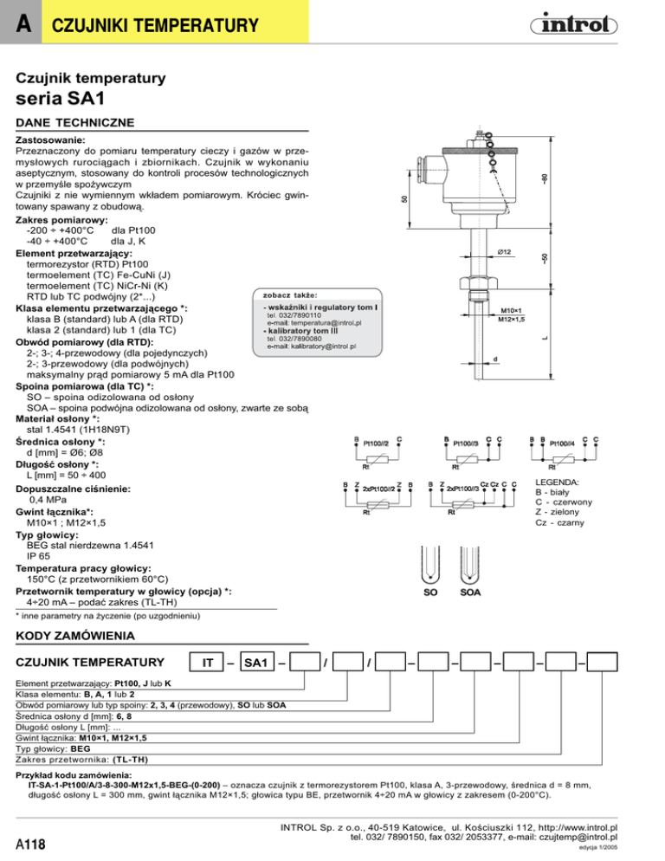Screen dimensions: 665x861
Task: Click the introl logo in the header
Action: (573, 24)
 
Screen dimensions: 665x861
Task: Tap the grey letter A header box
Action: (21, 22)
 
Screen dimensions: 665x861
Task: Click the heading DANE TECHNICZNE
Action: (74, 122)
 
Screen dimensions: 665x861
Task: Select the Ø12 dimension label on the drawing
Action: (504, 252)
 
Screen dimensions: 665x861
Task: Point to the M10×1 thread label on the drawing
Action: (511, 310)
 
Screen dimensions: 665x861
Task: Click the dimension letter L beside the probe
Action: (546, 338)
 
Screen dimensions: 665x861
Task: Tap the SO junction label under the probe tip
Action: (430, 592)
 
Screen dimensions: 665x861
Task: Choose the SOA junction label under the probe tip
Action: (470, 592)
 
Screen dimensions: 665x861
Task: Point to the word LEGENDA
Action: (557, 482)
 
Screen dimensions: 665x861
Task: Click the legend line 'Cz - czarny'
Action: (559, 523)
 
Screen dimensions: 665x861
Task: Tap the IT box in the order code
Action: (207, 663)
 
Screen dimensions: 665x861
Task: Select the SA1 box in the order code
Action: (256, 663)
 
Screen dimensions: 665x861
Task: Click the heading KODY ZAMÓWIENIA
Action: (74, 636)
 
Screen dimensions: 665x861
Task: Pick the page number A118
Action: (31, 844)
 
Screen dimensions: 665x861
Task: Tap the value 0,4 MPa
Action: (48, 500)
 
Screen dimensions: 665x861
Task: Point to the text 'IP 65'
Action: (38, 556)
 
